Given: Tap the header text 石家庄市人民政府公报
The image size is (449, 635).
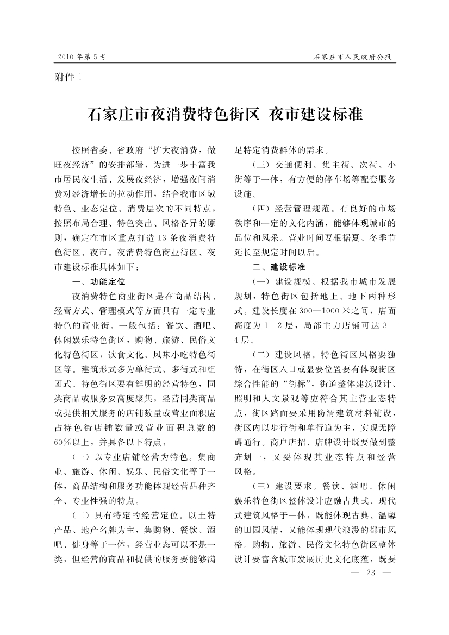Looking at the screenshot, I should coord(353,56).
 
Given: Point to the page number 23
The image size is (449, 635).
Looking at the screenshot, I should coord(372,573).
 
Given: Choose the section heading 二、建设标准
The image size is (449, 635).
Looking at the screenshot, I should coord(278,267).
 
